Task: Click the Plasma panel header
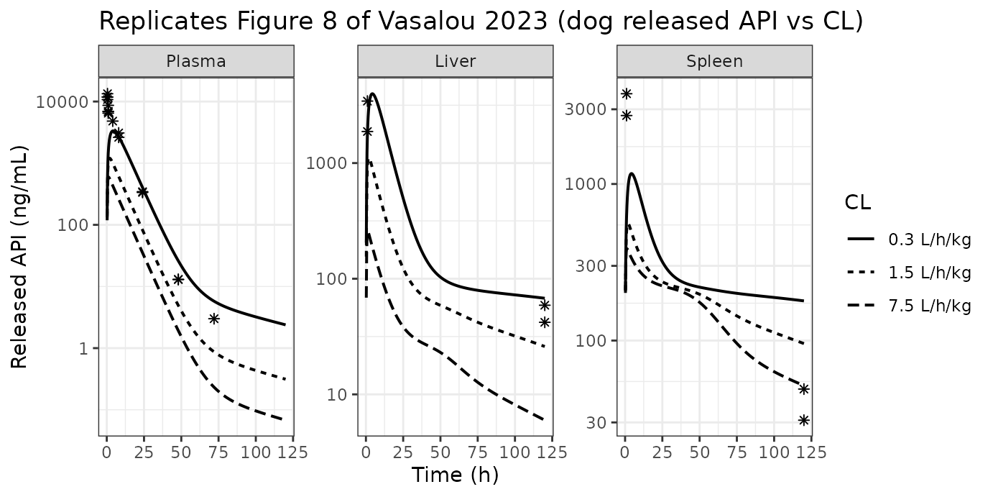click(x=196, y=61)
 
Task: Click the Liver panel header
click(x=456, y=61)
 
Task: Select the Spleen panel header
click(x=715, y=61)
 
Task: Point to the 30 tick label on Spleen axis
click(x=596, y=423)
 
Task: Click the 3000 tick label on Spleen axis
click(x=585, y=109)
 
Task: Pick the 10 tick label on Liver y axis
click(x=337, y=394)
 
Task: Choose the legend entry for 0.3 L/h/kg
click(x=909, y=240)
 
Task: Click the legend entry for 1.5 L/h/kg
click(x=909, y=273)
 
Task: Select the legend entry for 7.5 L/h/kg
click(x=909, y=306)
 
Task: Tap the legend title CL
click(x=858, y=203)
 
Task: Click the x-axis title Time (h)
click(x=456, y=475)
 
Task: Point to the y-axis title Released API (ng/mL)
click(x=19, y=257)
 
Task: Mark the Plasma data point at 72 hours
click(x=214, y=319)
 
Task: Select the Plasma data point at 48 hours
click(x=178, y=280)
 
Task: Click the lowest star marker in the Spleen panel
click(x=804, y=420)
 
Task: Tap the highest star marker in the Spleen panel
click(x=627, y=94)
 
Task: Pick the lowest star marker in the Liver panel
click(x=545, y=322)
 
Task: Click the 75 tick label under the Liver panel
click(x=477, y=452)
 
